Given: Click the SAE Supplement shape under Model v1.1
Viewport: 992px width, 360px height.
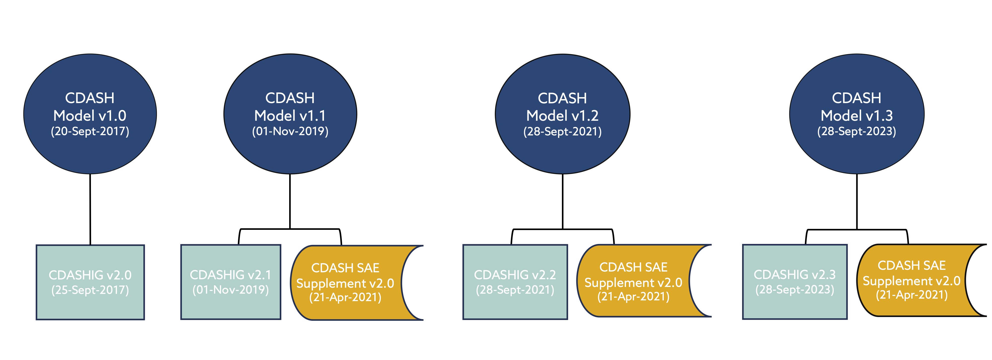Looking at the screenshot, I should click(345, 283).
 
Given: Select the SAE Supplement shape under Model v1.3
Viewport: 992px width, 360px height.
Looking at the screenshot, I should click(912, 280).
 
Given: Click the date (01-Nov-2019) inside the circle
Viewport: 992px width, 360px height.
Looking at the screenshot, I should click(290, 131).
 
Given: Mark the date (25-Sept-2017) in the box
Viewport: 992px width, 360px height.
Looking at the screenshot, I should click(90, 290).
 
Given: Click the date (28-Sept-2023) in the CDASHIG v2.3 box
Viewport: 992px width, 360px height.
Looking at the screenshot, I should click(794, 289).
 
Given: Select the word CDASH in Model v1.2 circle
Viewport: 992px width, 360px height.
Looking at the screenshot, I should click(562, 98).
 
